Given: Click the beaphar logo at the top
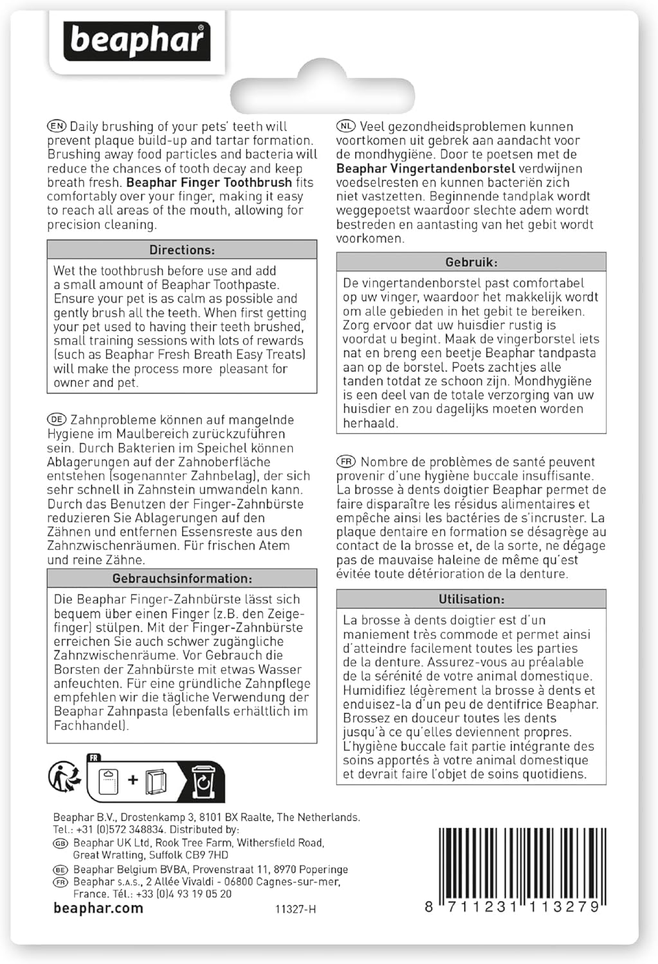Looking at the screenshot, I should point(136,40).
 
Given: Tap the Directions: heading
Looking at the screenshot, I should point(182,250).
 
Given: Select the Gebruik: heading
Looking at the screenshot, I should point(471,262).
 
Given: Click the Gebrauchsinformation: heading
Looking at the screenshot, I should point(182,578).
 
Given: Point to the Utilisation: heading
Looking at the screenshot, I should point(471,599).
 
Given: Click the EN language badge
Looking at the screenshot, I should point(57,127).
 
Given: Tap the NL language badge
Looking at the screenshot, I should point(346,127).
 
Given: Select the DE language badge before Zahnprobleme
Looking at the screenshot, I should point(57,420).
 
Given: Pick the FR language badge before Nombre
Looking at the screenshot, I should point(346,461).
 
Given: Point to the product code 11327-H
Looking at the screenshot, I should point(295,909).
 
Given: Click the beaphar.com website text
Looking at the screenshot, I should point(98,908).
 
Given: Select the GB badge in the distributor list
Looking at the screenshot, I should point(61,843).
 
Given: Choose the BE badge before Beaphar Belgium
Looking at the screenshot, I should point(61,870).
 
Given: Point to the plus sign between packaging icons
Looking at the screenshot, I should point(133,780).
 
